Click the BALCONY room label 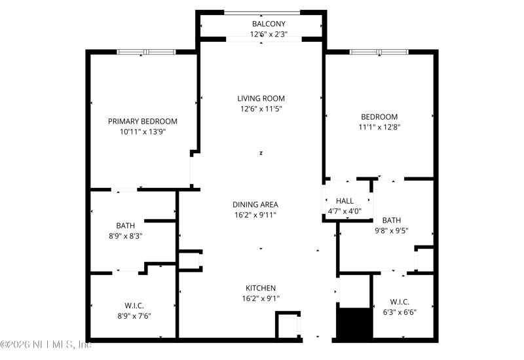coord(269,24)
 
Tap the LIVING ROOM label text coord(261,99)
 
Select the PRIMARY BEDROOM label coord(143,121)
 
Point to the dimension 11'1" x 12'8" coord(379,127)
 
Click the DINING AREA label coord(255,204)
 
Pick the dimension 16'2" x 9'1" coord(261,298)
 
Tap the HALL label coord(345,201)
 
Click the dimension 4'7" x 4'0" coord(345,211)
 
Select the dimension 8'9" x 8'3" coord(126,236)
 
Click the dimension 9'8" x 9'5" coord(391,230)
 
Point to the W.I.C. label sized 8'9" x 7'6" coord(134,306)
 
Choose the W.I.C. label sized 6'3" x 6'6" coord(400,302)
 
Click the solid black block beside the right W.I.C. coord(354,323)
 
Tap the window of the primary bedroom coord(146,52)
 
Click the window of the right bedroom coord(379,52)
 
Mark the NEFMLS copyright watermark coord(46,344)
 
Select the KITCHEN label coord(261,288)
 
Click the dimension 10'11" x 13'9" coord(143,132)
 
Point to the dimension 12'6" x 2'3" coord(269,34)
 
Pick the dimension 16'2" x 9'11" coord(255,215)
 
